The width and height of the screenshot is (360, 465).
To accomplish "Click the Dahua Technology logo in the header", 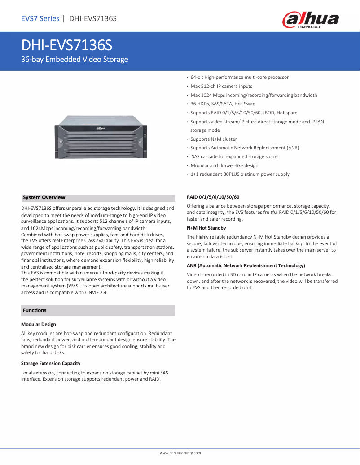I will click(x=310, y=20).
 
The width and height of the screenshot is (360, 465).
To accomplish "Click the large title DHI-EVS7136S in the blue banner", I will click(x=67, y=46).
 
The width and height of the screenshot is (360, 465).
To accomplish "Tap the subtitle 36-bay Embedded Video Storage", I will click(x=75, y=59).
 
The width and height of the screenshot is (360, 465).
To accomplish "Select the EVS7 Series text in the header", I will click(x=40, y=18).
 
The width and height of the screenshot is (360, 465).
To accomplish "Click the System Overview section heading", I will click(x=44, y=197).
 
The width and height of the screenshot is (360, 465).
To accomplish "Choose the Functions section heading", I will click(x=35, y=310).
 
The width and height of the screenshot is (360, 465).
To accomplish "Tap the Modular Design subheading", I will click(x=39, y=324).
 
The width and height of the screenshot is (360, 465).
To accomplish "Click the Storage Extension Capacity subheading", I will click(x=51, y=363).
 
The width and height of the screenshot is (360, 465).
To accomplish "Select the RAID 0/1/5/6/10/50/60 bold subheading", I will click(x=213, y=197).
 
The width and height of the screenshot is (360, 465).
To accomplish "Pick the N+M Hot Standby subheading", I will click(x=206, y=228).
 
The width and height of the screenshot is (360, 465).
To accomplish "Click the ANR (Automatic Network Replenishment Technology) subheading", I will click(x=246, y=265).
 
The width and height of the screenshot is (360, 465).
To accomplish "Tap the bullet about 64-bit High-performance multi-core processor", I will click(x=239, y=78).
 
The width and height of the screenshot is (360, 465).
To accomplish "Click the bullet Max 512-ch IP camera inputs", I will click(x=221, y=86).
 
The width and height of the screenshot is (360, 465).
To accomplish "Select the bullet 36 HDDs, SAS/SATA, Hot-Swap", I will click(x=223, y=104).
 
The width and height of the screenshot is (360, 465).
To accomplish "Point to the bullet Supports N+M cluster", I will click(x=214, y=139).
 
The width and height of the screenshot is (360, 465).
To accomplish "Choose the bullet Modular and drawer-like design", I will click(x=224, y=165).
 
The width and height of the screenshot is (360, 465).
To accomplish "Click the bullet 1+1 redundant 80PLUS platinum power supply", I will click(x=240, y=174).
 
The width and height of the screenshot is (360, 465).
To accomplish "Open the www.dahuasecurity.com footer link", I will click(x=180, y=453).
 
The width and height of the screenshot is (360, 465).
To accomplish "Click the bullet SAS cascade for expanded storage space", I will click(x=234, y=156).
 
